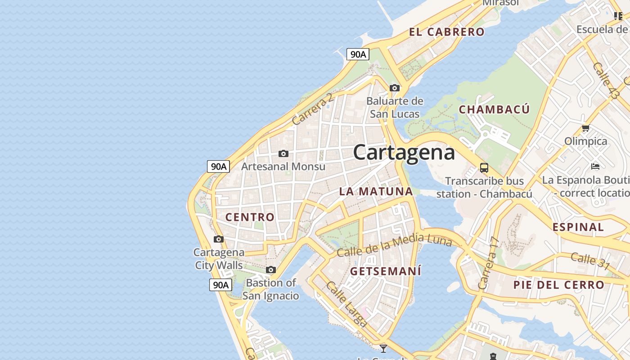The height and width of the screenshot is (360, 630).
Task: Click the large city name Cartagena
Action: point(404,152)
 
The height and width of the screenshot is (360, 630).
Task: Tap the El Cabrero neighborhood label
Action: point(446,32)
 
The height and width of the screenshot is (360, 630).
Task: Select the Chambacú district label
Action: point(494,109)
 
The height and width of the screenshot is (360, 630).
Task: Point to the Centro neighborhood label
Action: point(250,217)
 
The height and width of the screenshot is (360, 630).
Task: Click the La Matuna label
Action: point(376,191)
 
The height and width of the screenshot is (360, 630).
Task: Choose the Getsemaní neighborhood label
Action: point(386,271)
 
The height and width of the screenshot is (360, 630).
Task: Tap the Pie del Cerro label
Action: point(559,285)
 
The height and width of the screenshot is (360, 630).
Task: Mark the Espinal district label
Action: point(578,227)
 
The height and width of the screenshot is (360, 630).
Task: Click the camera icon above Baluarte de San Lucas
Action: point(395,88)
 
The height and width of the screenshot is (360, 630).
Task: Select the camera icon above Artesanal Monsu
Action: point(283,154)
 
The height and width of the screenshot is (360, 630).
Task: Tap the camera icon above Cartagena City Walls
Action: point(219,239)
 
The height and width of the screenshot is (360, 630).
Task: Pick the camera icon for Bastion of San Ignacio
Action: point(270,270)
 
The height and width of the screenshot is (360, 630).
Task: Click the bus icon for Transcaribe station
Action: point(484,168)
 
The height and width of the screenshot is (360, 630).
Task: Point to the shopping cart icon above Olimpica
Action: point(585,128)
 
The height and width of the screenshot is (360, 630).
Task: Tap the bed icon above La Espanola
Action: point(595,166)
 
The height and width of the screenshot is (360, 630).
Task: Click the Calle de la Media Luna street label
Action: point(394,245)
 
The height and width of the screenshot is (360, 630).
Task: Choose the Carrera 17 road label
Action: point(489,263)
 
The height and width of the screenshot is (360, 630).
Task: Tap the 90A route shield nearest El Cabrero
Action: point(358,54)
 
